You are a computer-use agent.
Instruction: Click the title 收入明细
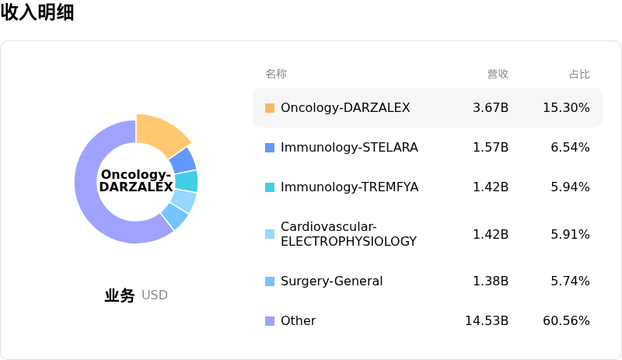point(37,12)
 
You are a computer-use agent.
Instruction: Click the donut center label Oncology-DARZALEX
point(136,181)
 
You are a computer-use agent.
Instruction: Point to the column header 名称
point(276,74)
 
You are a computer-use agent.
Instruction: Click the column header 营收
point(498,74)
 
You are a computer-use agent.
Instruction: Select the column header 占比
point(579,74)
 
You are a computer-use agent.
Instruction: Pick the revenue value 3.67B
point(491,107)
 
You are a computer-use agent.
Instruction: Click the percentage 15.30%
point(566,107)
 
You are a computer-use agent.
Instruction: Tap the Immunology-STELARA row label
point(349,147)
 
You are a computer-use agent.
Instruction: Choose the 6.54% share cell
point(570,147)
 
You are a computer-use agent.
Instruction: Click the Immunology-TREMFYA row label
point(349,187)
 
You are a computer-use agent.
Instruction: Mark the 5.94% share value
point(570,187)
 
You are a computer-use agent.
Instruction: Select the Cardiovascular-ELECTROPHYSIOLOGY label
point(348,234)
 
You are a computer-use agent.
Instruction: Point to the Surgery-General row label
point(331,281)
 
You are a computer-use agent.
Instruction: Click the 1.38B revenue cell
point(491,281)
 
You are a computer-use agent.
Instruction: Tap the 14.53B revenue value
point(487,320)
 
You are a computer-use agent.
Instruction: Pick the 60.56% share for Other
point(566,320)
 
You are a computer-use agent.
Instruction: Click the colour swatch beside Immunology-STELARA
point(270,147)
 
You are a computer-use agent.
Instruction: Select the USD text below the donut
point(155,295)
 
